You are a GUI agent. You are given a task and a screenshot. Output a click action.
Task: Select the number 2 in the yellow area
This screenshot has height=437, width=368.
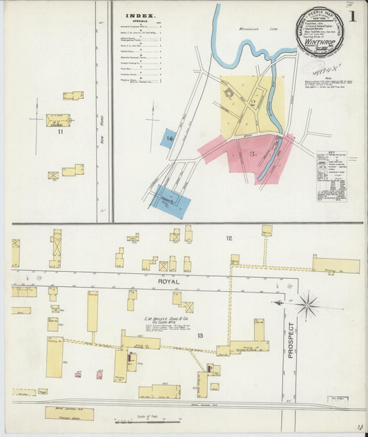(x=253, y=103)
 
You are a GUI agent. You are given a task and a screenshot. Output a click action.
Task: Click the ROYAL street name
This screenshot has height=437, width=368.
(x=168, y=282)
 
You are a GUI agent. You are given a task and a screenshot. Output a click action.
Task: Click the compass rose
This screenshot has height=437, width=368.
(x=307, y=304)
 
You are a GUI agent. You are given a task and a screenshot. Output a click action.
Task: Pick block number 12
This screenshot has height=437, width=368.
(x=229, y=239)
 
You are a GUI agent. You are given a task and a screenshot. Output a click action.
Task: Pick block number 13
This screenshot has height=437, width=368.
(x=201, y=335)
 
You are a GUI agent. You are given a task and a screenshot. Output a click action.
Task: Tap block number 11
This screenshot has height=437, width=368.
(x=60, y=131)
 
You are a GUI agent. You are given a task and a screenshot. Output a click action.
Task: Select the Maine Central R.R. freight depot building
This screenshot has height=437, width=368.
(x=69, y=413)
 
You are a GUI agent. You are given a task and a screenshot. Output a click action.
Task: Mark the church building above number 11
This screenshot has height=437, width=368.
(x=57, y=120)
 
